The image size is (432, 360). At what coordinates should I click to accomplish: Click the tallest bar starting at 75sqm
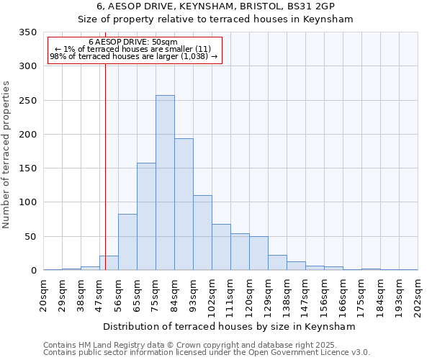[x=165, y=183]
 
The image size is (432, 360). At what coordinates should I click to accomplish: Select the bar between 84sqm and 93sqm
[x=184, y=204]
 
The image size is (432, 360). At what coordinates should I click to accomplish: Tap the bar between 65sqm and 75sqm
[x=146, y=217]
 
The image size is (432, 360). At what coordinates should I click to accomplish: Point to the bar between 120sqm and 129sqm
[x=258, y=253]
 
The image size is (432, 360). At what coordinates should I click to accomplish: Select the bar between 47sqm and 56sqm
[x=109, y=263]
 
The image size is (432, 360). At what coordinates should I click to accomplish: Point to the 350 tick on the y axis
[x=28, y=32]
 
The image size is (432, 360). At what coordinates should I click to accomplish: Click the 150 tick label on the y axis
[x=28, y=168]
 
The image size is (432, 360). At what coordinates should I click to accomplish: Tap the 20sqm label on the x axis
[x=44, y=293]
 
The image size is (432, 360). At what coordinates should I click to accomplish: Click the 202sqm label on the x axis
[x=418, y=295]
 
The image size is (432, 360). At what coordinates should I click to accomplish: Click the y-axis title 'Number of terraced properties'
[x=6, y=155]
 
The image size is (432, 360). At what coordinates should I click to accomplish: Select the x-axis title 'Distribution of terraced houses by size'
[x=229, y=326]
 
